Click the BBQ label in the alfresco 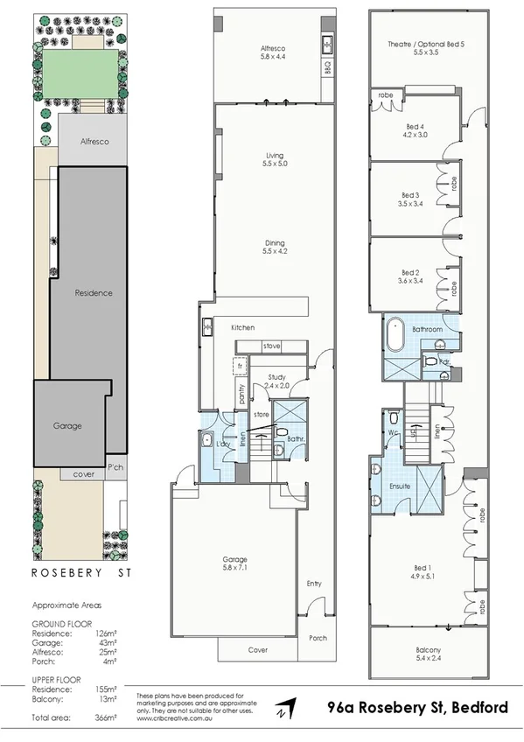pos(328,65)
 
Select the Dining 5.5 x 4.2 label pos(275,248)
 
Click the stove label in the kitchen pos(271,346)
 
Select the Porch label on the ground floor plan pos(316,640)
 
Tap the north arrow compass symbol pos(284,709)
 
